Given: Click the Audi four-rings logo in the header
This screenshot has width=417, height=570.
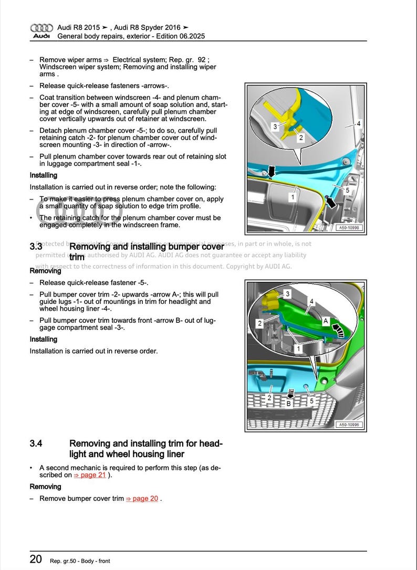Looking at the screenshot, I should coord(41,28).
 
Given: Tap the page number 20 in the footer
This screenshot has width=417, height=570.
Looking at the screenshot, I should coord(36,559).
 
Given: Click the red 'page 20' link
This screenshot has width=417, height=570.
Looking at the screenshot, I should coord(142,499).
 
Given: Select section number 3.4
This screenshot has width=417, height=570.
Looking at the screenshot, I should coord(36,444).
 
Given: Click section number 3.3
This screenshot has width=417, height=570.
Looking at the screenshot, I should coord(36,246).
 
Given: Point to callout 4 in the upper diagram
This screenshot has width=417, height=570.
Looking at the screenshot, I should coord(358,124).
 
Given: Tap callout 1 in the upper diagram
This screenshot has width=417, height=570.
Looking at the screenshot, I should coord(291,197).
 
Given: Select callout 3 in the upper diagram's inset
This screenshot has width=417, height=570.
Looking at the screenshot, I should coord(275,126).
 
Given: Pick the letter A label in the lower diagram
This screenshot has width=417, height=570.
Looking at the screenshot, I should coord(326,321).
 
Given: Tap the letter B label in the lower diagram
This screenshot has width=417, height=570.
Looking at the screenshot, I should coord(288,404).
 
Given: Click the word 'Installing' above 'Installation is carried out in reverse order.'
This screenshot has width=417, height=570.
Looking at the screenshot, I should coord(44,339).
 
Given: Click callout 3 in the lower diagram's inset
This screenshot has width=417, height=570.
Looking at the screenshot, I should coord(287,294).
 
